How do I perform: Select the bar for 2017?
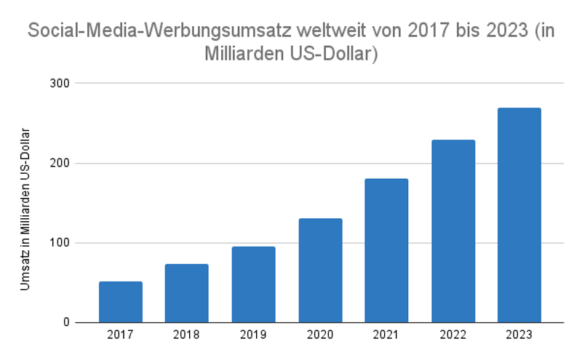click(121, 302)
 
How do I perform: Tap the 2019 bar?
click(253, 284)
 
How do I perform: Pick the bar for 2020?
click(320, 271)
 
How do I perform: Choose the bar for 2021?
click(386, 250)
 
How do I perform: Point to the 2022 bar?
click(453, 231)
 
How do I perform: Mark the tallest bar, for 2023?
click(519, 215)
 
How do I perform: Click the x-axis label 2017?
click(121, 335)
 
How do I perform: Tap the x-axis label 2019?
click(253, 335)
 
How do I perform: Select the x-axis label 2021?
click(386, 335)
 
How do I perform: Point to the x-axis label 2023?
click(519, 335)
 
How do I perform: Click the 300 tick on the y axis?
click(60, 83)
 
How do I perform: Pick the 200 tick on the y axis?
click(60, 163)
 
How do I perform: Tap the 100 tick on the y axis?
click(60, 243)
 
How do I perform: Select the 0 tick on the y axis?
click(65, 322)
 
